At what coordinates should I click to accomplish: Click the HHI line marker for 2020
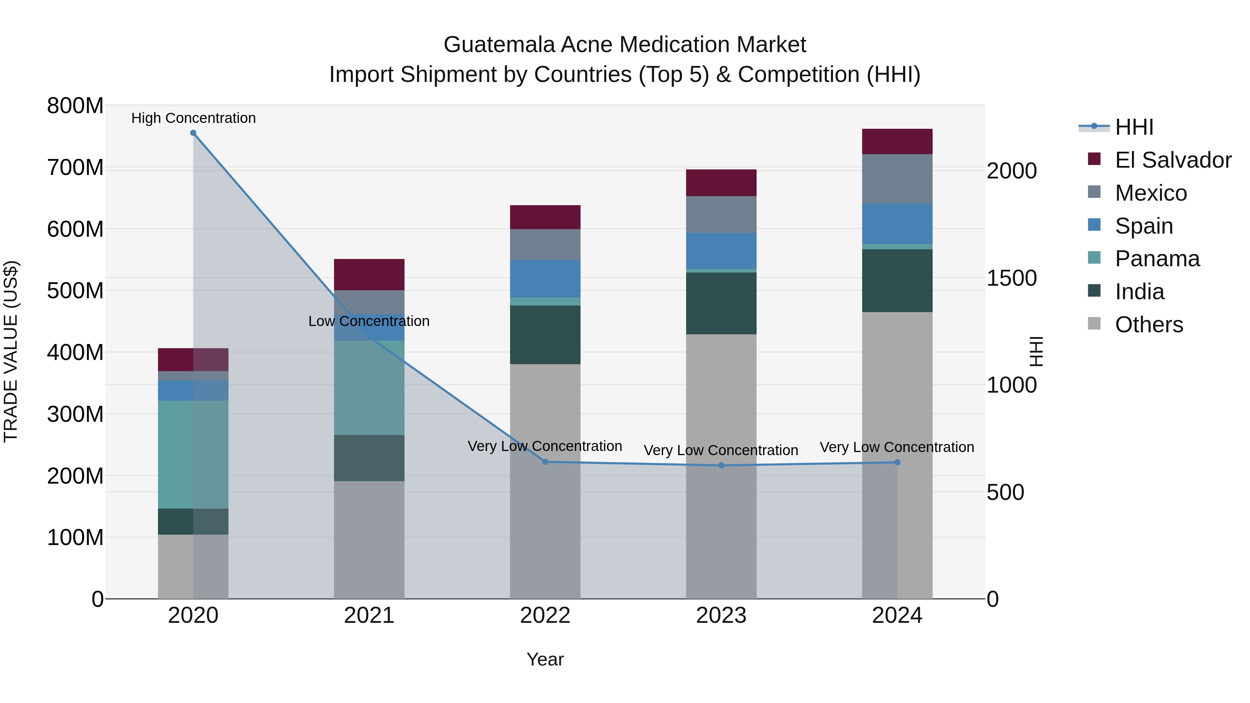tap(193, 133)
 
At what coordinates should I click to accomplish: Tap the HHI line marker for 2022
tap(545, 462)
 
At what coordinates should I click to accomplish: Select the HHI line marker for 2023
tap(721, 465)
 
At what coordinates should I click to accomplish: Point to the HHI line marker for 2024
tap(897, 462)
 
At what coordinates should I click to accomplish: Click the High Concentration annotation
tap(193, 118)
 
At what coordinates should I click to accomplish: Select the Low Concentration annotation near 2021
tap(369, 321)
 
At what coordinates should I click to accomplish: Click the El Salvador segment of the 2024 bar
tap(897, 142)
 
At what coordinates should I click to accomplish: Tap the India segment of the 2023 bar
tap(721, 303)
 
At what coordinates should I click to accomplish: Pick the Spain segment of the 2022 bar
tap(545, 278)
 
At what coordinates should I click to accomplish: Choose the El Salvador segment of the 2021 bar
tap(369, 275)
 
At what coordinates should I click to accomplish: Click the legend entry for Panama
tap(1157, 259)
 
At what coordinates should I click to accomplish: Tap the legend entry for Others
tap(1149, 325)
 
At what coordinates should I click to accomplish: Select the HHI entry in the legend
tap(1134, 127)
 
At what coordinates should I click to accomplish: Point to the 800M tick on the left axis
tap(75, 106)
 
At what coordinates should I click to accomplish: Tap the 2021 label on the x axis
tap(369, 616)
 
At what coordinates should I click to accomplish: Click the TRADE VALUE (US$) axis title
tap(11, 351)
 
